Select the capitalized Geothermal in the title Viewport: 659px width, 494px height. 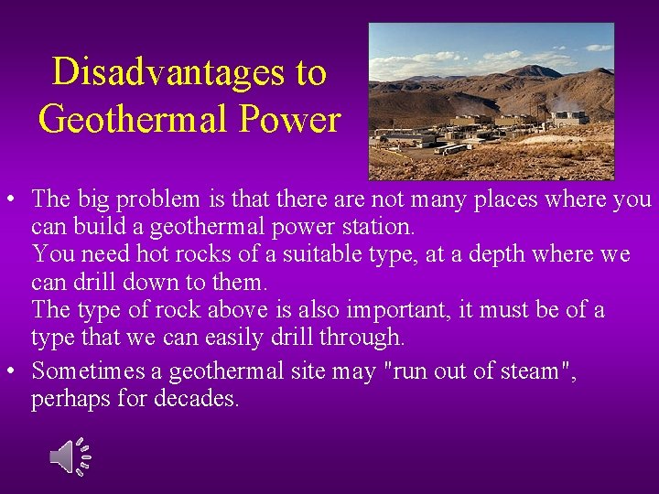pyautogui.click(x=142, y=119)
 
